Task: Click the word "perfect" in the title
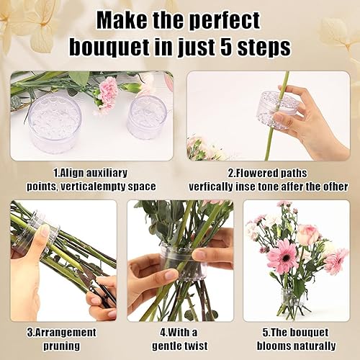coord(224,21)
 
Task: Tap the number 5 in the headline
coord(227,46)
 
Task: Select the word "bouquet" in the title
coord(109,48)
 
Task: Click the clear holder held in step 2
coord(279,110)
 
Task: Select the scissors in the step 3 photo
coord(96,288)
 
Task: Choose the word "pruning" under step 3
coord(61,346)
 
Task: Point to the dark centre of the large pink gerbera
coord(286,258)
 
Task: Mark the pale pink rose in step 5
coord(307,235)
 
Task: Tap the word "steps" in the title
coord(264,48)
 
